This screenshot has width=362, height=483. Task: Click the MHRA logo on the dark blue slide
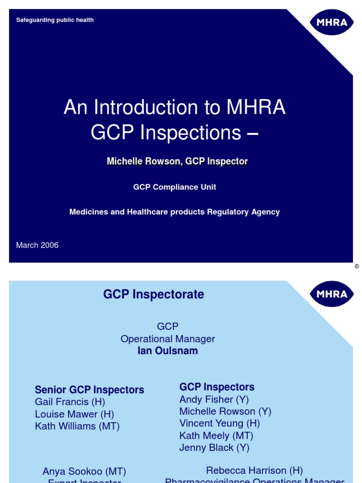click(x=331, y=23)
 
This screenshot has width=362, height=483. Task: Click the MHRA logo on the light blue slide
click(x=331, y=294)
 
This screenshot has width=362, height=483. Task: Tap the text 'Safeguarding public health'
click(x=55, y=20)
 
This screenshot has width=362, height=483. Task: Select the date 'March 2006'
click(x=37, y=245)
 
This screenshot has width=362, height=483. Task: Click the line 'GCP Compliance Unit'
click(x=174, y=187)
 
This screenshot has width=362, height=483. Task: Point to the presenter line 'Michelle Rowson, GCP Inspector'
click(x=177, y=161)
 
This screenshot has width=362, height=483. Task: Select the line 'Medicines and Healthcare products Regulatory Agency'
click(x=174, y=212)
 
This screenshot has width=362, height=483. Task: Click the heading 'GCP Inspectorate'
click(x=154, y=294)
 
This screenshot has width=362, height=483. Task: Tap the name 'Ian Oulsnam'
click(x=168, y=351)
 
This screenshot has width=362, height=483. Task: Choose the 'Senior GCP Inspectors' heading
click(x=90, y=390)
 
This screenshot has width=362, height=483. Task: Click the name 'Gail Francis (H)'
click(x=70, y=402)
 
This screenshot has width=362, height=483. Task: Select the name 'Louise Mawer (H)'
click(x=74, y=414)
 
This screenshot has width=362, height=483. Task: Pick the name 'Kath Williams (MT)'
click(x=77, y=426)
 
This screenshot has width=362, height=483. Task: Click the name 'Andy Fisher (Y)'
click(x=214, y=400)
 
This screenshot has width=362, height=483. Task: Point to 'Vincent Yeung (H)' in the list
click(x=220, y=424)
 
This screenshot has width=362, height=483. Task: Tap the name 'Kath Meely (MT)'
click(x=216, y=436)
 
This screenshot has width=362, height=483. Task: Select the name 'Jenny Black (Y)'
click(x=214, y=448)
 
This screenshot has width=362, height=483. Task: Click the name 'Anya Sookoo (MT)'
click(x=84, y=472)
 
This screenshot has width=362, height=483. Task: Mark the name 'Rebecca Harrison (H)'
click(x=255, y=470)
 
